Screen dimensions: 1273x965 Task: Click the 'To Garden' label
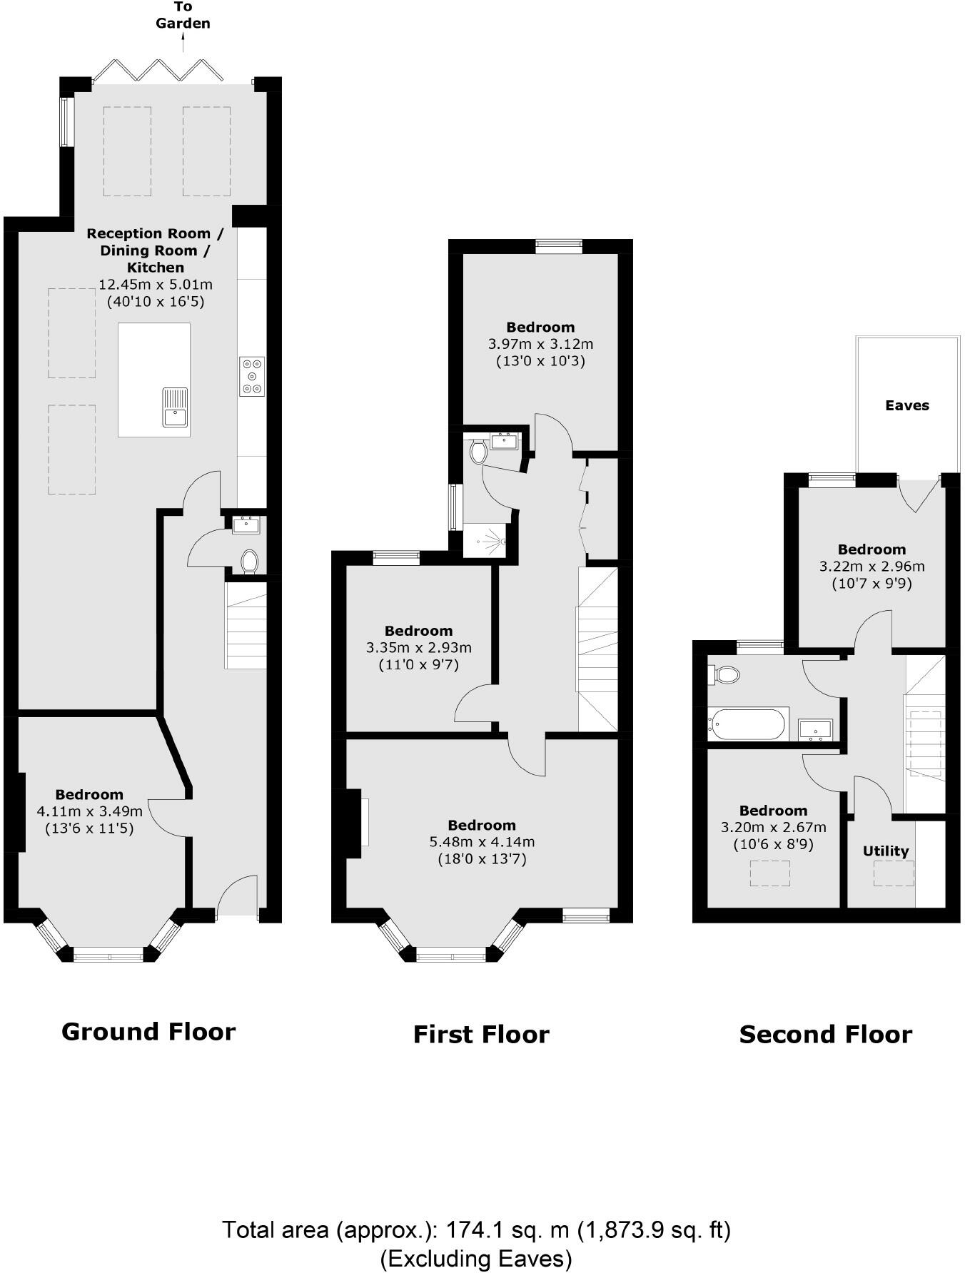[x=183, y=15]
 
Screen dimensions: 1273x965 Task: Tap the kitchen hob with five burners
[x=252, y=376]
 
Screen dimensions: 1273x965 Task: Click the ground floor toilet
[x=249, y=561]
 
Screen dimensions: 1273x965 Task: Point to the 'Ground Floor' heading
[x=148, y=1032]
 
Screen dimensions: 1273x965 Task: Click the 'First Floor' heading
[x=481, y=1035]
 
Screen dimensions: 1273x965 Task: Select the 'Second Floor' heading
[x=825, y=1035]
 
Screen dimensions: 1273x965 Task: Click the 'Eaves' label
[x=907, y=405]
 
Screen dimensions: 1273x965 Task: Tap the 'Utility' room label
[x=885, y=851]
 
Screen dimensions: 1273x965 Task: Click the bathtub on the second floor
[x=747, y=724]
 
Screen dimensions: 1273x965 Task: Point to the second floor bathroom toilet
[x=726, y=674]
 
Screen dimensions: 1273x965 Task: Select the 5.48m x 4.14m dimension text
[x=482, y=842]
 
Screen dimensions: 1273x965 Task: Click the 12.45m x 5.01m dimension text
[x=156, y=284]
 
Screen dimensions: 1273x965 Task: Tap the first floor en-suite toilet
[x=478, y=452]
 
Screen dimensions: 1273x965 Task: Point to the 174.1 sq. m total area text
[x=476, y=1230]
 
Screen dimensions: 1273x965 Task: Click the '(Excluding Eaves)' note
[x=476, y=1258]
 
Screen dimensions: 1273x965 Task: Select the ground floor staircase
[x=246, y=625]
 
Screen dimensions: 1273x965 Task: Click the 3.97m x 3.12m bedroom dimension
[x=540, y=344]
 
